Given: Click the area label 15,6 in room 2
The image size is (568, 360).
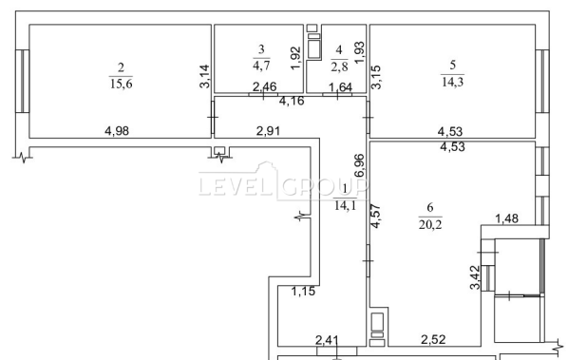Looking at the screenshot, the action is [x=122, y=84].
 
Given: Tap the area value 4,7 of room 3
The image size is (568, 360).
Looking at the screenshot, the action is [x=261, y=66].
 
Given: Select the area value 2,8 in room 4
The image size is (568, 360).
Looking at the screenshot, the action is [x=339, y=66].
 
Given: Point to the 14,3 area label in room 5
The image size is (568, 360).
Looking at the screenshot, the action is [x=452, y=82].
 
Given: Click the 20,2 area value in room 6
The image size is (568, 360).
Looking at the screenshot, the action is [x=430, y=224].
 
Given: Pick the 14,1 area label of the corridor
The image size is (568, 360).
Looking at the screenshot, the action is [x=345, y=205].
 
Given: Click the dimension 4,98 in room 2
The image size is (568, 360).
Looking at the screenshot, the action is [x=117, y=131].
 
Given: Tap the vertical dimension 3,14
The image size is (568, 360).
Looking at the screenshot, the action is [x=204, y=76].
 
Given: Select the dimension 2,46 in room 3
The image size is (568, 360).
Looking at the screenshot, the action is [x=264, y=87].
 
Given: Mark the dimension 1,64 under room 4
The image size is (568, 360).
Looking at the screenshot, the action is [x=340, y=87].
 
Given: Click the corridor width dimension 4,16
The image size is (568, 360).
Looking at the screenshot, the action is [x=292, y=101].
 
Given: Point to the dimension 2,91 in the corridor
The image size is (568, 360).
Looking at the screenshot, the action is [x=268, y=131].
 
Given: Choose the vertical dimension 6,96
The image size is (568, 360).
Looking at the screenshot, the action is [x=360, y=165].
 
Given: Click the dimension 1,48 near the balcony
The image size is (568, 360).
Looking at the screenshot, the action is [x=507, y=218].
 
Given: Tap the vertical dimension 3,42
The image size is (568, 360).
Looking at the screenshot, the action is [x=475, y=277].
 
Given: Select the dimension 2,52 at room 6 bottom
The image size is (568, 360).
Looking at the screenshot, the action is [x=433, y=340].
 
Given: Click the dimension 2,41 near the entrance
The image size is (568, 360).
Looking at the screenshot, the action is [x=327, y=340].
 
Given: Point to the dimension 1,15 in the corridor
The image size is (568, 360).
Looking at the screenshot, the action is [x=304, y=291].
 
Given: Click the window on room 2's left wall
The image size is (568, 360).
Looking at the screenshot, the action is [x=22, y=81].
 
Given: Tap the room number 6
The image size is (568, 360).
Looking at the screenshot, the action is [x=430, y=207].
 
